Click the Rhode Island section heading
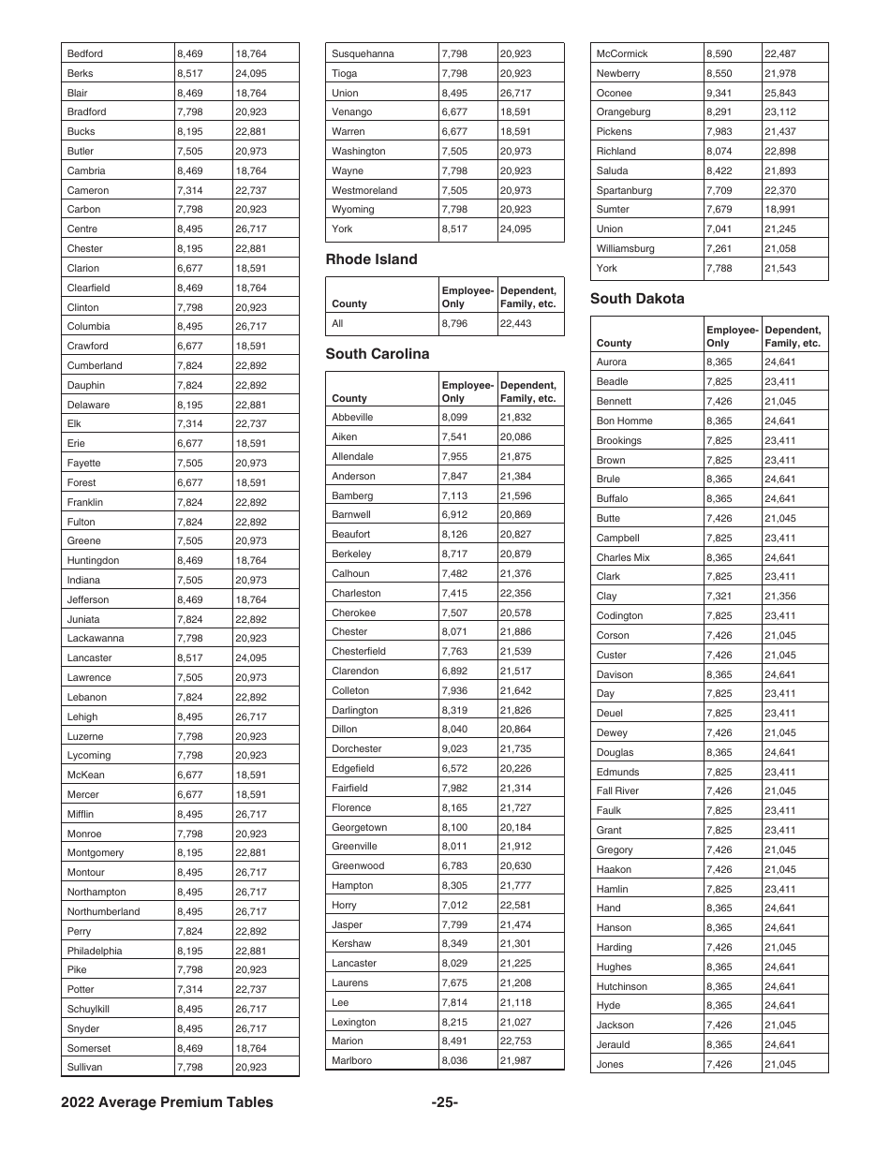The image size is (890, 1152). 371,259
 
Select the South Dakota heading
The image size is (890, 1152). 637,299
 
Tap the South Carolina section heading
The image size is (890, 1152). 377,354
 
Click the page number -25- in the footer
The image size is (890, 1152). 444,1102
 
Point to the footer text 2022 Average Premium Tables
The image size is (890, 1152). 167,1102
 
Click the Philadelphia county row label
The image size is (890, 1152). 95,951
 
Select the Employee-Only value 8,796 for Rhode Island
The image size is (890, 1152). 454,324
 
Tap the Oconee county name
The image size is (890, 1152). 614,93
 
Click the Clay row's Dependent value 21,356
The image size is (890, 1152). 779,597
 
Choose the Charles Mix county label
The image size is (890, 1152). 622,557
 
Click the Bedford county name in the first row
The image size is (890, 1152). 85,53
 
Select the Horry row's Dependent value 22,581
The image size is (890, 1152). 515,906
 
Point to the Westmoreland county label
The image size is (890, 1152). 363,190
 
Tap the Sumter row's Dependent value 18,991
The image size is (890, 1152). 779,210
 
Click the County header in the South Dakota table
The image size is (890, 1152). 614,343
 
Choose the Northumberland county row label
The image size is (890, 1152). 103,912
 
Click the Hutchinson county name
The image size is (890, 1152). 621,986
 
